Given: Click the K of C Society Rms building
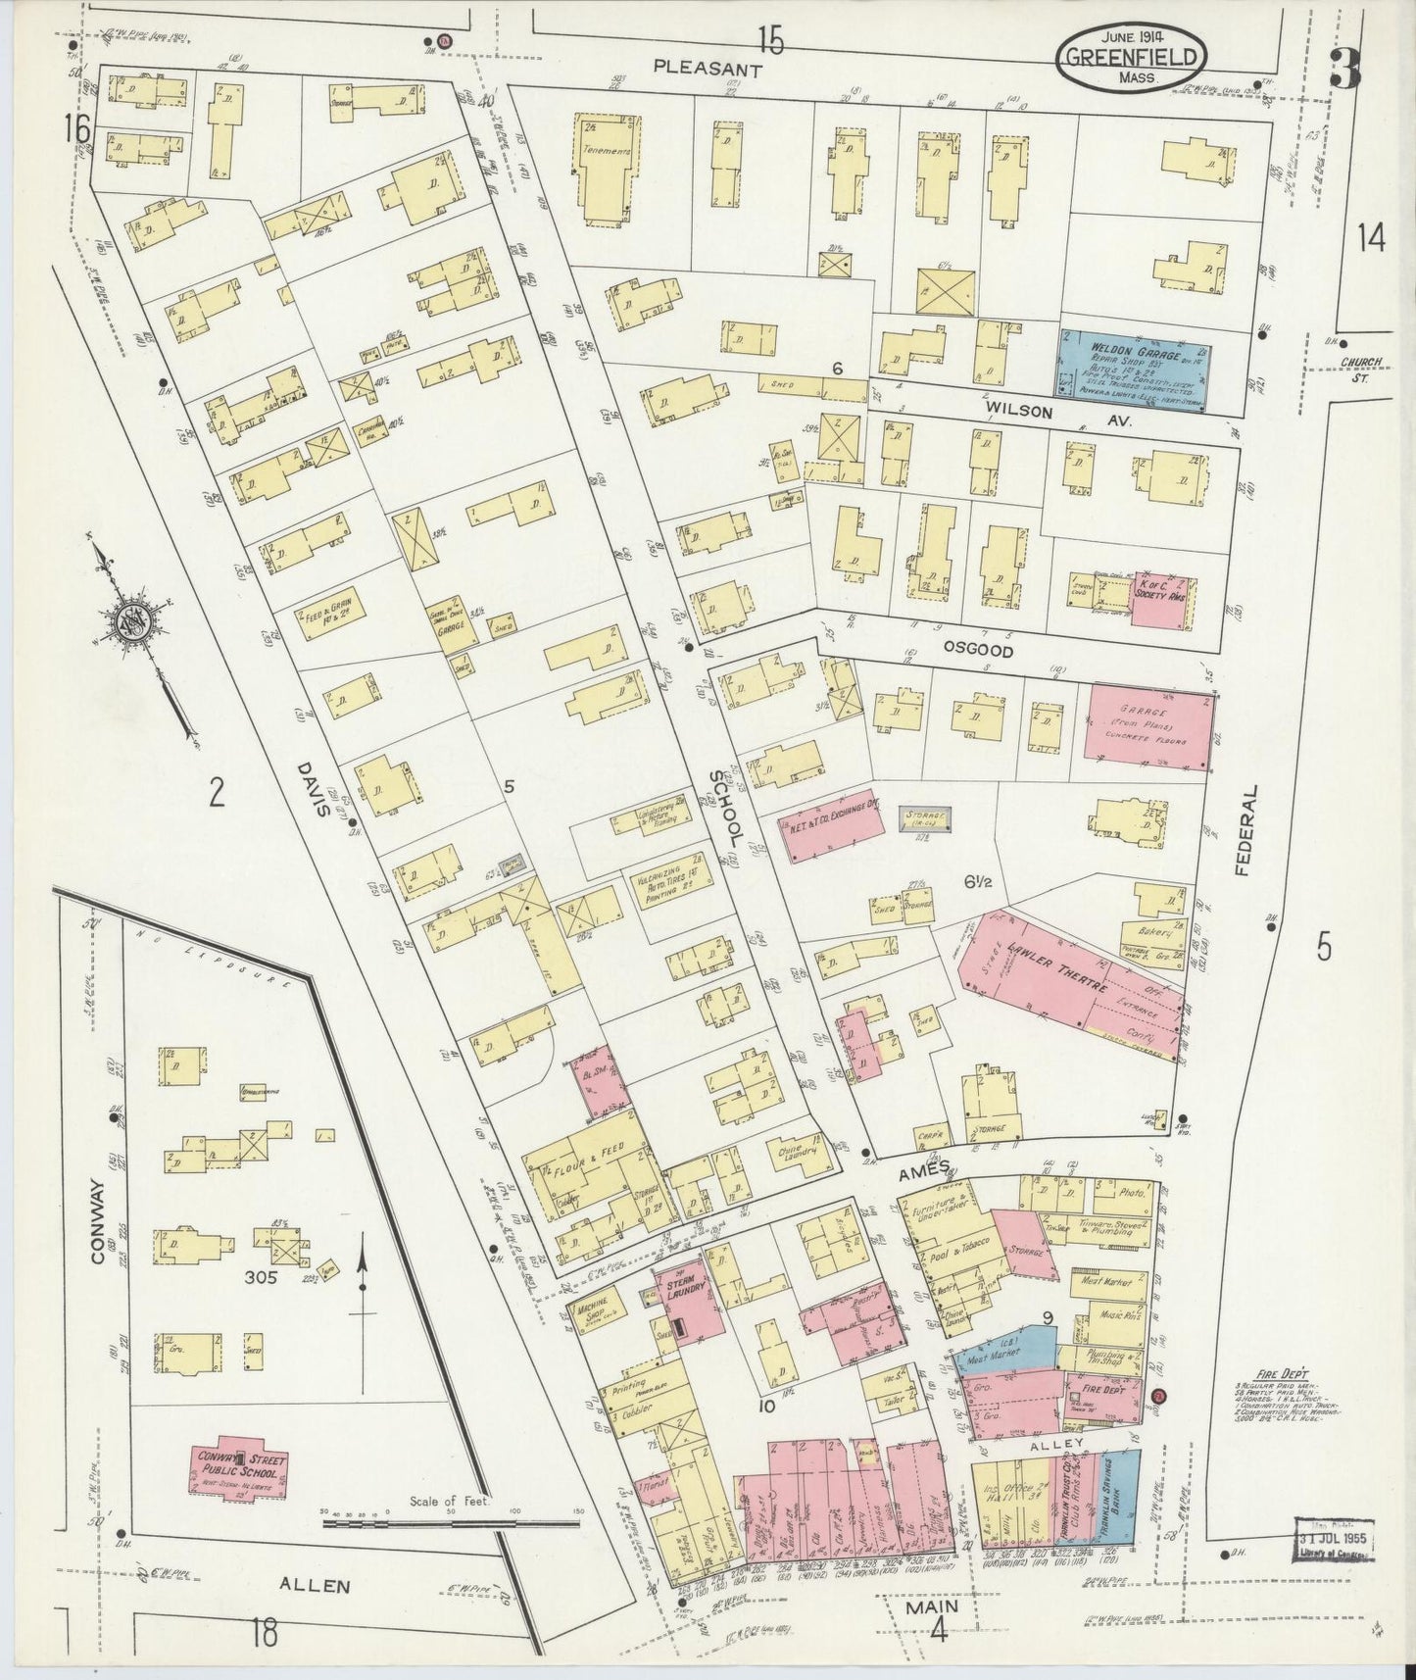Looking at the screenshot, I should click(1162, 600).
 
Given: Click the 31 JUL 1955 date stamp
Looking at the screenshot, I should click(1336, 1567).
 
